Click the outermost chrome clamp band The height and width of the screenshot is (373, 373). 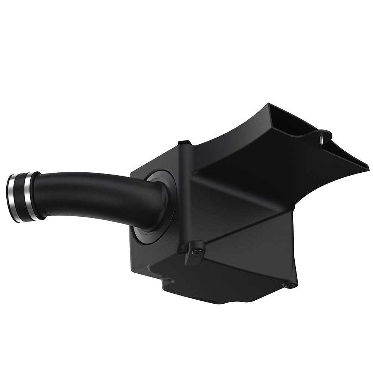tap(12, 198)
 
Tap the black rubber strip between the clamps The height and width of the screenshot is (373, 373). tap(21, 198)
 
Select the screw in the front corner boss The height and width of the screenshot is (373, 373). tap(194, 252)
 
